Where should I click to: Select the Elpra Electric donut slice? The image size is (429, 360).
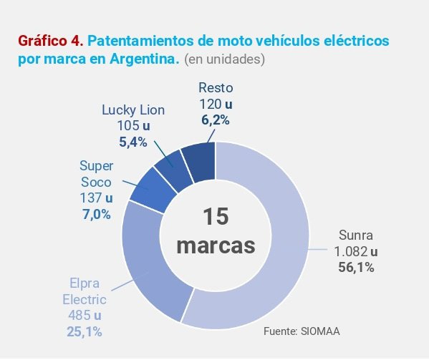(147, 265)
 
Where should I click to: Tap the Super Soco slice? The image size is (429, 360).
(152, 188)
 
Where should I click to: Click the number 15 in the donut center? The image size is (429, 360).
(216, 218)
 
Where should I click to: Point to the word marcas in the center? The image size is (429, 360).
(216, 245)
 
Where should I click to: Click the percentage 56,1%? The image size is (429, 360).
(356, 268)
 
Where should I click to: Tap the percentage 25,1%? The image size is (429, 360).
(85, 331)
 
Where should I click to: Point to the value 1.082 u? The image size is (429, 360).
(356, 251)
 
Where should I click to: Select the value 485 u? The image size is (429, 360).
(85, 315)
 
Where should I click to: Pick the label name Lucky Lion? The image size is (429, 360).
(132, 110)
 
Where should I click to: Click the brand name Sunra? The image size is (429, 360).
(356, 235)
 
